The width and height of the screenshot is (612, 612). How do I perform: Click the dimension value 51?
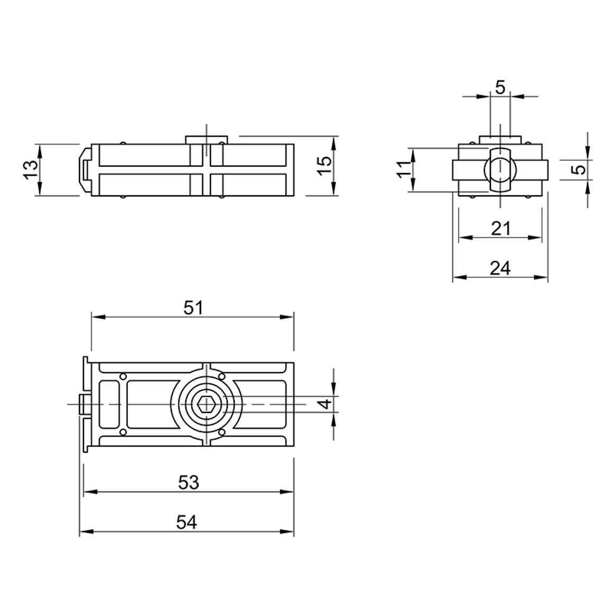pyautogui.click(x=193, y=308)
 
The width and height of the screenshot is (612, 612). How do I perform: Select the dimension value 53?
pyautogui.click(x=188, y=483)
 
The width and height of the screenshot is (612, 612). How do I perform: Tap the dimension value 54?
pyautogui.click(x=186, y=522)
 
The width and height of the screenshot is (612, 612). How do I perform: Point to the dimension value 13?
pyautogui.click(x=31, y=170)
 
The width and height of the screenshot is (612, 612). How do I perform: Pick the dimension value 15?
pyautogui.click(x=325, y=166)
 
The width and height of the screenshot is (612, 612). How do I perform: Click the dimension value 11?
pyautogui.click(x=405, y=169)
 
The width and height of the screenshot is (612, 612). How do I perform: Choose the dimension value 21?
pyautogui.click(x=501, y=228)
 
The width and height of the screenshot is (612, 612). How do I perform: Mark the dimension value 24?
pyautogui.click(x=500, y=268)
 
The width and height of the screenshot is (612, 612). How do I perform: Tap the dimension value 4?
pyautogui.click(x=326, y=403)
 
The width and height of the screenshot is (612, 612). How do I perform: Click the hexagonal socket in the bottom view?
pyautogui.click(x=207, y=404)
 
